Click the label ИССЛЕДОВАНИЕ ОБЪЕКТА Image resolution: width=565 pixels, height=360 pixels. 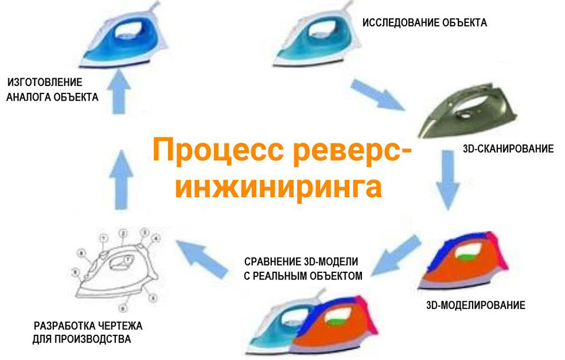[424, 24]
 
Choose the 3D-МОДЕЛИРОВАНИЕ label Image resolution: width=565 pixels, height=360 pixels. [475, 305]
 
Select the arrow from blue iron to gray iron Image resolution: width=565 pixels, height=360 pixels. [378, 94]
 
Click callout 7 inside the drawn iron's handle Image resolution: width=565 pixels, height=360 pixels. [129, 258]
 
